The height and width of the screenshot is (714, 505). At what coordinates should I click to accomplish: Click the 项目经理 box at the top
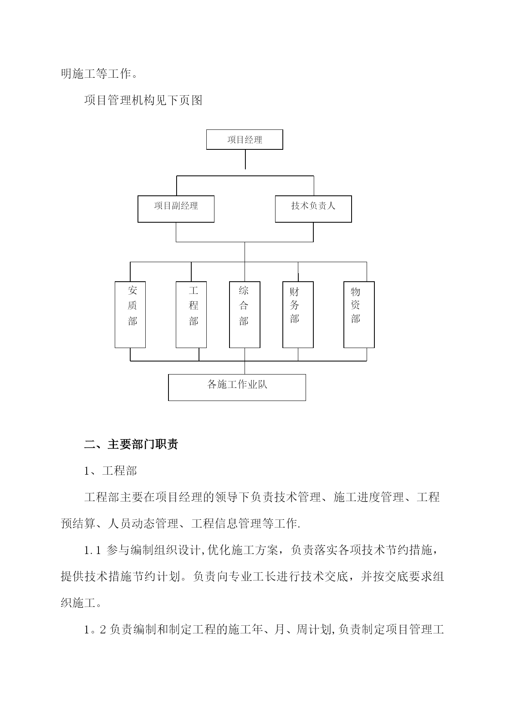(245, 140)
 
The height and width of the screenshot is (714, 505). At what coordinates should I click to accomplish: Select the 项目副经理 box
(176, 209)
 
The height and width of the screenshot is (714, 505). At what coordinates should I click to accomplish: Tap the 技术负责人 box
(313, 209)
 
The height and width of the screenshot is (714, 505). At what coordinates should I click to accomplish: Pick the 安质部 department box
(130, 315)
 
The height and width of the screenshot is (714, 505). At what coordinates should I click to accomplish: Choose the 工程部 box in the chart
(191, 315)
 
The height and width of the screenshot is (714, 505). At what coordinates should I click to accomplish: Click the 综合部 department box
(245, 315)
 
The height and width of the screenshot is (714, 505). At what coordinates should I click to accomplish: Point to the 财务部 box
(298, 315)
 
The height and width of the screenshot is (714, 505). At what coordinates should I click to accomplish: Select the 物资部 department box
(359, 315)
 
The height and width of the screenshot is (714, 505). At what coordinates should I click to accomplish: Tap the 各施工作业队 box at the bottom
(237, 388)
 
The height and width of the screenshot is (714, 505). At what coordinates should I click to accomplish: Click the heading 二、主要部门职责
(131, 444)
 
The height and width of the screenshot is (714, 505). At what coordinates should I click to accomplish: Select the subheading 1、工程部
(111, 471)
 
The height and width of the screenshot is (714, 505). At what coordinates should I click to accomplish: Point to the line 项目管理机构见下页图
(143, 100)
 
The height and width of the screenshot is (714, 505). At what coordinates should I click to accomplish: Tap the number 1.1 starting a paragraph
(92, 551)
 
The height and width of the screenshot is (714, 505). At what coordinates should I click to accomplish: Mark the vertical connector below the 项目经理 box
(245, 159)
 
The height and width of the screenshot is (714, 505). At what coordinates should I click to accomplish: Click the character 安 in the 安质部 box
(133, 290)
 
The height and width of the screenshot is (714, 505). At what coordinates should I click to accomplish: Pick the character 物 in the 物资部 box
(356, 291)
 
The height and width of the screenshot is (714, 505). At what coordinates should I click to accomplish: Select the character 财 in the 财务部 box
(295, 291)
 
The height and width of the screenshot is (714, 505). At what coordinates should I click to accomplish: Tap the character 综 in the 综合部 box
(244, 290)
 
